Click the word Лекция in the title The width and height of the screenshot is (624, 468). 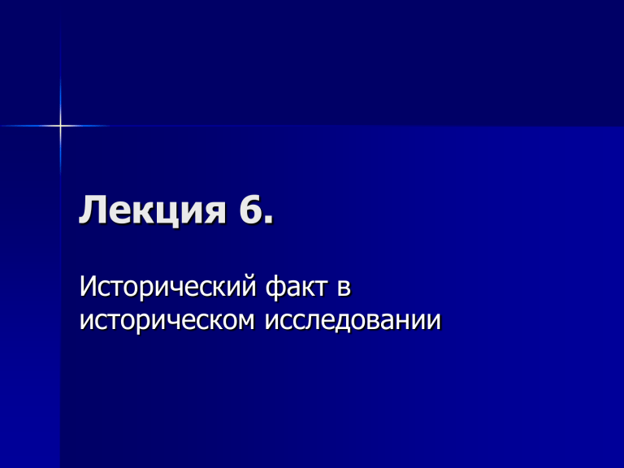pos(153,210)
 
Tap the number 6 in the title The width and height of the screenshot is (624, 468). pos(249,209)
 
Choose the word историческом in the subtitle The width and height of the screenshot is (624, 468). pos(167,322)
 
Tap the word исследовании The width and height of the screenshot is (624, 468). pos(353,320)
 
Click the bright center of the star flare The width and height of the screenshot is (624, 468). pos(60,126)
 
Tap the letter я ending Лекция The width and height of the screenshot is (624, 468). pos(215,214)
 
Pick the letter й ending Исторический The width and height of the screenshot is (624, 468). pos(247,285)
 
